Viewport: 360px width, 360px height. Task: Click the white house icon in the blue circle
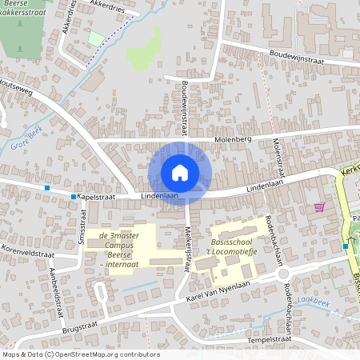[x=180, y=173]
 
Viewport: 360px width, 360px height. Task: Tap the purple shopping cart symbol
[x=320, y=207]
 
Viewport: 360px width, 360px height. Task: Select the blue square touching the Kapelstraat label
[x=73, y=196]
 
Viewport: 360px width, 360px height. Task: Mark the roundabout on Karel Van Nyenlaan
[x=282, y=274]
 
